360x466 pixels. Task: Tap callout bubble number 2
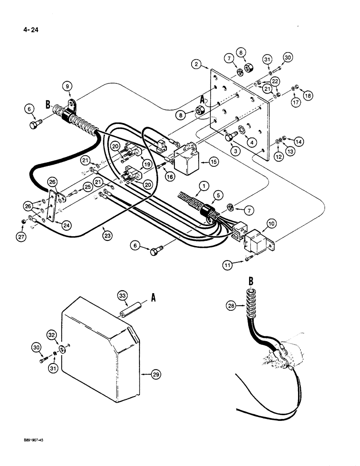[x=197, y=63]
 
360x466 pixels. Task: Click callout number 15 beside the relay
[x=214, y=162]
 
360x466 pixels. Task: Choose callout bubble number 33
[x=121, y=295]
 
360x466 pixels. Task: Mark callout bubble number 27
[x=24, y=222]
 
